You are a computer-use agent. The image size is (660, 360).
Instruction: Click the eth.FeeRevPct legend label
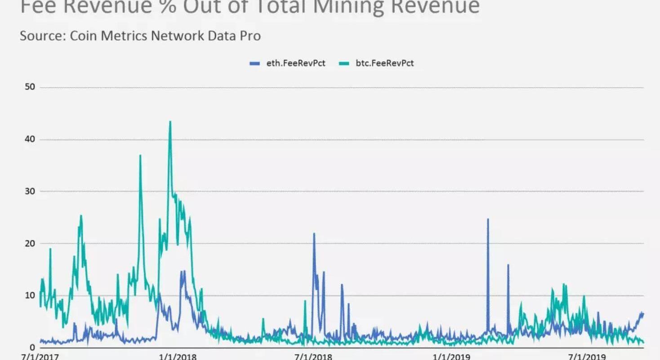point(295,63)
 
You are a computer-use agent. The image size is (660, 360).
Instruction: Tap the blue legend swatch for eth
point(255,63)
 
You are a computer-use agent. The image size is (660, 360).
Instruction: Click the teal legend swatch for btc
point(343,63)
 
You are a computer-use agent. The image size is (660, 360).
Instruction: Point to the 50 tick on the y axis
point(30,87)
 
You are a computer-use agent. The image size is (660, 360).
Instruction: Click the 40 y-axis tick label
point(30,139)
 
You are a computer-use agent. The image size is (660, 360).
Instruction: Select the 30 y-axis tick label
point(30,191)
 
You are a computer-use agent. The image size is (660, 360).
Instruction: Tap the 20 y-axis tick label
point(30,244)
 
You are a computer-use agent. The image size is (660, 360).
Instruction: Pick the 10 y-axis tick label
point(30,295)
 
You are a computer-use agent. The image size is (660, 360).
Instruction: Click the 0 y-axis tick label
point(32,347)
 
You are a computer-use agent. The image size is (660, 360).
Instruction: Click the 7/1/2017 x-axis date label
point(40,357)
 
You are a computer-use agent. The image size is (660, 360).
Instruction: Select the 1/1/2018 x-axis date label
point(178,357)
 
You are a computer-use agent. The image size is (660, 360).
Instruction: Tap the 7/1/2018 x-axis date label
point(313,357)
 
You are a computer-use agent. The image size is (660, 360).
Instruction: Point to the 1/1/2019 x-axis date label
point(451,357)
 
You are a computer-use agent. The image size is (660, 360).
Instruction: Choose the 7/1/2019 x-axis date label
point(587,357)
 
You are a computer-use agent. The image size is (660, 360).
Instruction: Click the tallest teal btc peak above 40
point(170,121)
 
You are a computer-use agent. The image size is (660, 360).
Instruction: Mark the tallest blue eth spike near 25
point(488,219)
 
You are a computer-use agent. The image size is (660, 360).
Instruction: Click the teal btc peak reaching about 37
point(140,156)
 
